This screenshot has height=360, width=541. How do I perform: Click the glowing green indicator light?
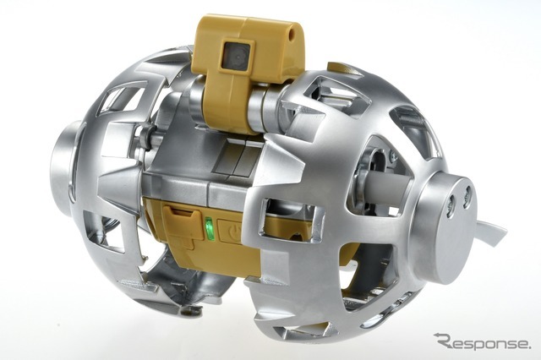point(209,229)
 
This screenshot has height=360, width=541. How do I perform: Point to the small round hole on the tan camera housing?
point(293,34)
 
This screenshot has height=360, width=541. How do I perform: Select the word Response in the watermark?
point(485,343)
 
